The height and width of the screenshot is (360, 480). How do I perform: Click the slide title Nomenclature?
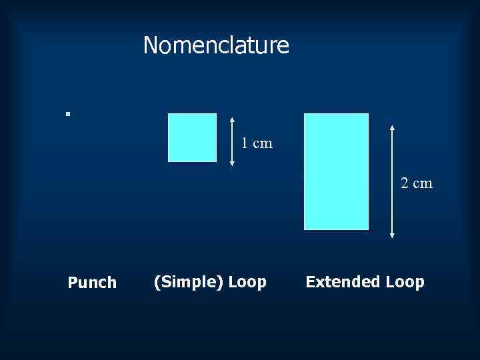[x=216, y=45]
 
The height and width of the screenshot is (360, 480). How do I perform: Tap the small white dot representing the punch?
[x=67, y=114]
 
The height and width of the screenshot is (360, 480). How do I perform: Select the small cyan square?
[x=192, y=137]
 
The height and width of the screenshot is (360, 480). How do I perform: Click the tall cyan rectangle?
[x=336, y=171]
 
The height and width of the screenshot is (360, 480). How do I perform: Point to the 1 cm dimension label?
[x=257, y=143]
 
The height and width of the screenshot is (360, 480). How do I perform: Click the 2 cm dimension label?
[x=417, y=183]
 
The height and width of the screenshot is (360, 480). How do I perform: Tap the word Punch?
[x=92, y=283]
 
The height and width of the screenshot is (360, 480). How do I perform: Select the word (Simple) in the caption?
[x=189, y=282]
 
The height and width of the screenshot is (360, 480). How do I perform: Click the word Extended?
[x=342, y=282]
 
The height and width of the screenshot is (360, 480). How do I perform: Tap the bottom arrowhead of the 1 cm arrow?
[x=231, y=161]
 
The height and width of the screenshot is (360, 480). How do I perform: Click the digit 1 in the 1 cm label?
[x=245, y=143]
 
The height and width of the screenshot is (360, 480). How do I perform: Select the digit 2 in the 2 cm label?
[x=405, y=183]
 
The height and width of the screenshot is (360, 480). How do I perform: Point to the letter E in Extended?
[x=310, y=282]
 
